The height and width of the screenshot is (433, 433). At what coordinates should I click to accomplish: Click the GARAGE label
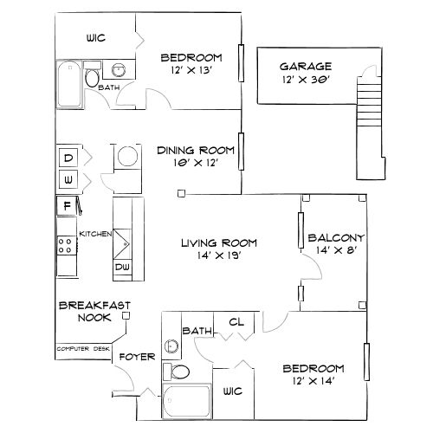point(304,67)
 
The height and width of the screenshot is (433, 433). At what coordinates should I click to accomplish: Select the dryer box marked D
point(68,158)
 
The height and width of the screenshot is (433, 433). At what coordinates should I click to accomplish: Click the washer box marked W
point(68,181)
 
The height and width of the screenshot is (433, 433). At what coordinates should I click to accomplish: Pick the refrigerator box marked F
point(66,206)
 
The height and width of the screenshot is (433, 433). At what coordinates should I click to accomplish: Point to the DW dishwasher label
point(123,268)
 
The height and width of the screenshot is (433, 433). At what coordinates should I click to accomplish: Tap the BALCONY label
point(335,237)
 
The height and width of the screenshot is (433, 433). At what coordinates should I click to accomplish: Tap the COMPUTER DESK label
point(82,348)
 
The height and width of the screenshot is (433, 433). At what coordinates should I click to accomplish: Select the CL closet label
point(235,322)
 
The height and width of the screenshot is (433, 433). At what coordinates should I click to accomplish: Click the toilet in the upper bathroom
point(92,78)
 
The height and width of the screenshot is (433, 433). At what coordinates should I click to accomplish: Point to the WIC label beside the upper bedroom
point(95,38)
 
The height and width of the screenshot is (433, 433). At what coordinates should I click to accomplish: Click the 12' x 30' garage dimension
point(304,81)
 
